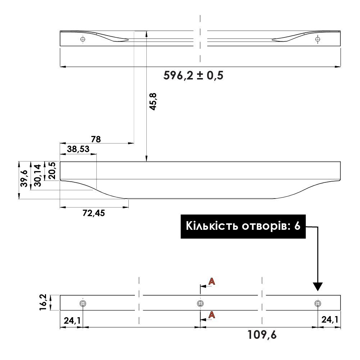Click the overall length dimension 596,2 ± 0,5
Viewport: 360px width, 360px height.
[x=193, y=76]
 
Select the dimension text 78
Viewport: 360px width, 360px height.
[x=96, y=138]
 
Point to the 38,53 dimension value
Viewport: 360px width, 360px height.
[x=78, y=149]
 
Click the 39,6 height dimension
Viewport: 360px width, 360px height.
[x=24, y=178]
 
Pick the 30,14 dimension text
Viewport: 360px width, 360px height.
[x=37, y=175]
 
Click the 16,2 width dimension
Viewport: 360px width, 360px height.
[x=43, y=302]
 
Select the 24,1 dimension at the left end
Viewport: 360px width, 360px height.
[x=72, y=320]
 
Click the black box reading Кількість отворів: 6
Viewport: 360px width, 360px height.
[x=243, y=227]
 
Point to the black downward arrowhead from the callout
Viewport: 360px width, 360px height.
[x=318, y=286]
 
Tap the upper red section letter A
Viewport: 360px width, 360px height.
[x=212, y=282]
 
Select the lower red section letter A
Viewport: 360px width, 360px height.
[x=212, y=315]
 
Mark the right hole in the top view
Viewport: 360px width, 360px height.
[x=317, y=39]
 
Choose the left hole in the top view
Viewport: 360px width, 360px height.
[x=83, y=39]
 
